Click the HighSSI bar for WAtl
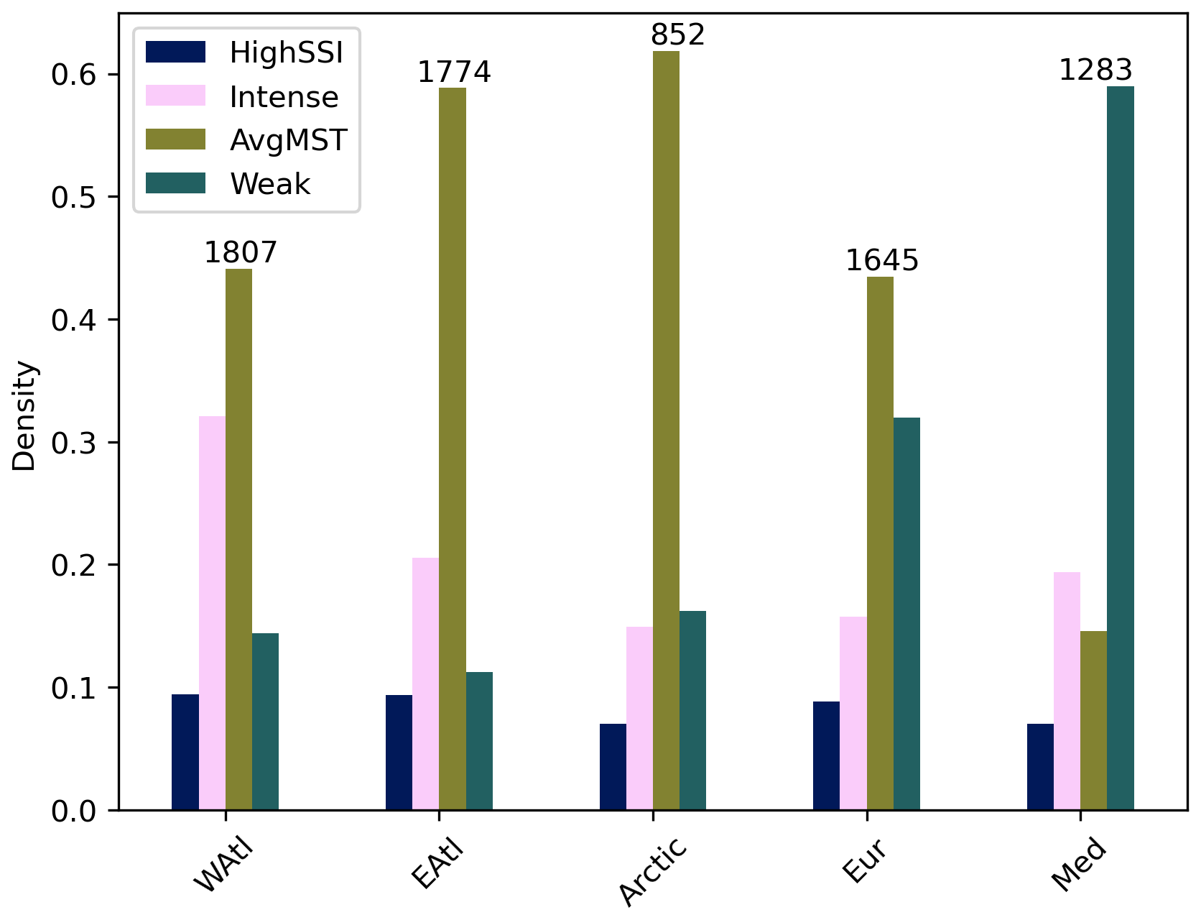coord(185,752)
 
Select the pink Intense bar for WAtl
coord(212,613)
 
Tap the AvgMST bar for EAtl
coord(453,449)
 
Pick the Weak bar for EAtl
coord(479,741)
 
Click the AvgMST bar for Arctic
coord(666,431)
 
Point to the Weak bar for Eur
coord(906,614)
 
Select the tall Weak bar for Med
coord(1120,448)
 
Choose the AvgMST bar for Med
coord(1093,720)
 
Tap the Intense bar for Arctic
coord(639,718)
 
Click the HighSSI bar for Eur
coord(826,755)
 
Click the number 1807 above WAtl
coord(241,253)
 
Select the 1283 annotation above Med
coord(1095,70)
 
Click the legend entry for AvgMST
coord(288,140)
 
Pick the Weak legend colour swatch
coord(175,183)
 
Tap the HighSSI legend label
coord(286,52)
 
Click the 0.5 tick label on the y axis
coord(74,198)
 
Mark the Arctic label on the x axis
coord(652,871)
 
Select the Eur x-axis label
coord(864,860)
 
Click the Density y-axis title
coord(24,415)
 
